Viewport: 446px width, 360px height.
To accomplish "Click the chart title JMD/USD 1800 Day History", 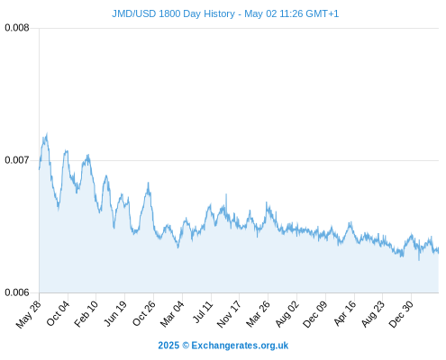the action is coord(174,13).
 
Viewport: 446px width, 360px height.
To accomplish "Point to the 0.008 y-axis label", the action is coord(17,28).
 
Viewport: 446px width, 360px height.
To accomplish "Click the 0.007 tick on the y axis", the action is coord(17,160).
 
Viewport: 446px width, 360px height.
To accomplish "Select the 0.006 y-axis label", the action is coord(17,292).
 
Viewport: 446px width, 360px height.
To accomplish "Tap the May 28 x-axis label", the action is coord(29,314).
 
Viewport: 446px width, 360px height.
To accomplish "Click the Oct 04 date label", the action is coord(59,313).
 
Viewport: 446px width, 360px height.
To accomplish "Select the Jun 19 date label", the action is coord(115,313).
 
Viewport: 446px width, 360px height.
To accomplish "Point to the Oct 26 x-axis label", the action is coord(144,313).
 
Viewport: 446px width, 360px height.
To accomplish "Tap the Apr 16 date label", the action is coord(345,313).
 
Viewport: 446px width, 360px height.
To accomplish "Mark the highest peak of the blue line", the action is coord(47,133).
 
